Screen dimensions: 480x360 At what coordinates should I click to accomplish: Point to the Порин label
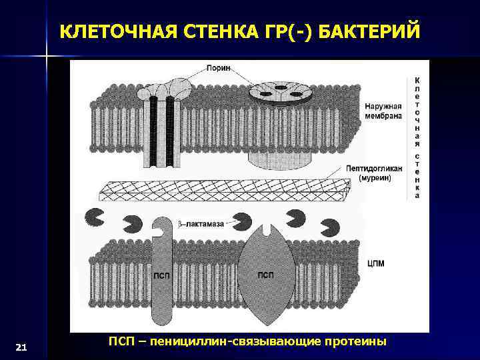pyautogui.click(x=218, y=68)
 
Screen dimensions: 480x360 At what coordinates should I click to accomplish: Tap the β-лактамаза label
pyautogui.click(x=201, y=225)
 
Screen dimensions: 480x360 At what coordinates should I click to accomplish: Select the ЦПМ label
pyautogui.click(x=376, y=264)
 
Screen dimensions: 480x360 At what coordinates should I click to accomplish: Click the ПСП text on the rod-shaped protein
pyautogui.click(x=161, y=275)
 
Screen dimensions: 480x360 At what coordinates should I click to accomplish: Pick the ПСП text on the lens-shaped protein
pyautogui.click(x=265, y=275)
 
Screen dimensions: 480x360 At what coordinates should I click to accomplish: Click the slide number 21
pyautogui.click(x=21, y=347)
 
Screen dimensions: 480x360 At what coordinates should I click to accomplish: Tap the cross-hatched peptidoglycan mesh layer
pyautogui.click(x=220, y=190)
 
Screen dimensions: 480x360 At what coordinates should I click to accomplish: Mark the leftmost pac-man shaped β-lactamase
pyautogui.click(x=94, y=217)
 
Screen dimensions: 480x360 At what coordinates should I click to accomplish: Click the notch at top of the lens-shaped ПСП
pyautogui.click(x=266, y=231)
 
